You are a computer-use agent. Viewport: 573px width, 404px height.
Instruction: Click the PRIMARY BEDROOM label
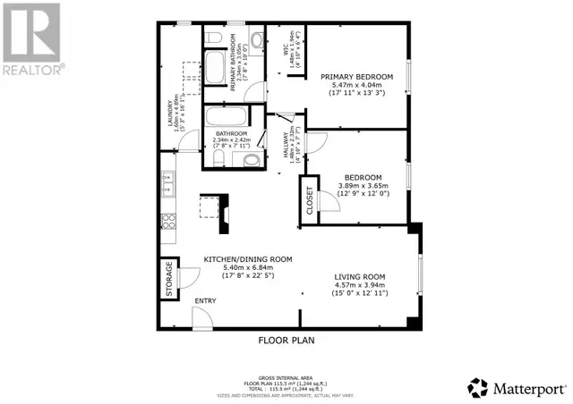[357, 77]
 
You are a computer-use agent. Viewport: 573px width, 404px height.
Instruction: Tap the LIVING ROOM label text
[360, 277]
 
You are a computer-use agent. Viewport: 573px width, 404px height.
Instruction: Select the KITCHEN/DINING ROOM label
[237, 258]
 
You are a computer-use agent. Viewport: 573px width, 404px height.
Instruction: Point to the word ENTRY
[205, 300]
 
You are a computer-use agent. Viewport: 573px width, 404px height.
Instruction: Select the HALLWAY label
[286, 147]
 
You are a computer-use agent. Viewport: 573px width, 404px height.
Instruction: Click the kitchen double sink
[167, 184]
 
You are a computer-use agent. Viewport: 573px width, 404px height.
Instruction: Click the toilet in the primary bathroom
[255, 38]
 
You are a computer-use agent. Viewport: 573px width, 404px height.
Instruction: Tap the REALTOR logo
[32, 39]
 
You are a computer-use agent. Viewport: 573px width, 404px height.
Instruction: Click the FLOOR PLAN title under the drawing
[286, 340]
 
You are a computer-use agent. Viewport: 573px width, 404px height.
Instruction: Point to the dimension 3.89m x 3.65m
[359, 186]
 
